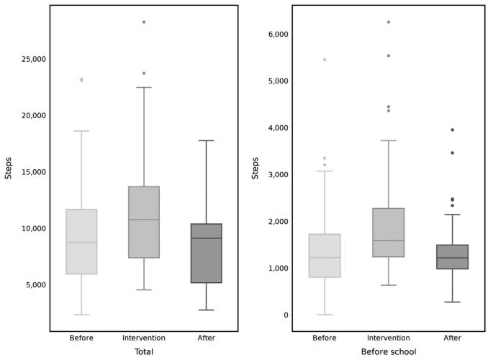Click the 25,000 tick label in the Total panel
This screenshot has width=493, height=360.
[28, 59]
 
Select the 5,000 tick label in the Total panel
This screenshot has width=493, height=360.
[30, 285]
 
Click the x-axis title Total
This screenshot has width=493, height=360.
[143, 352]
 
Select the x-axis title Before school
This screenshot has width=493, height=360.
[389, 352]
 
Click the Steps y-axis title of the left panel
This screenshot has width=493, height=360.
[9, 168]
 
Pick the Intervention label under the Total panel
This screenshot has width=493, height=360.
[144, 338]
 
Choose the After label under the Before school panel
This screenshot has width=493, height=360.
[452, 338]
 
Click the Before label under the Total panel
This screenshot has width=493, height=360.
[81, 338]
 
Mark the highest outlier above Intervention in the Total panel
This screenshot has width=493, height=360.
[144, 22]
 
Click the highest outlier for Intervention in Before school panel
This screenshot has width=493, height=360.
[389, 22]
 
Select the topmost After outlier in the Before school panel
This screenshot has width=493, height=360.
[452, 130]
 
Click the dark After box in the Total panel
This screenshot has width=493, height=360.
[207, 253]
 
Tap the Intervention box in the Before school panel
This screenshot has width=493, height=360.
[389, 233]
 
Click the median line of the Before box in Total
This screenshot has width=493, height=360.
[81, 243]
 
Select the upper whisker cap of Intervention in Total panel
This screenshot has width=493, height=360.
[144, 88]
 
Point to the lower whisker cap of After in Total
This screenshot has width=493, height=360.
[207, 310]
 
